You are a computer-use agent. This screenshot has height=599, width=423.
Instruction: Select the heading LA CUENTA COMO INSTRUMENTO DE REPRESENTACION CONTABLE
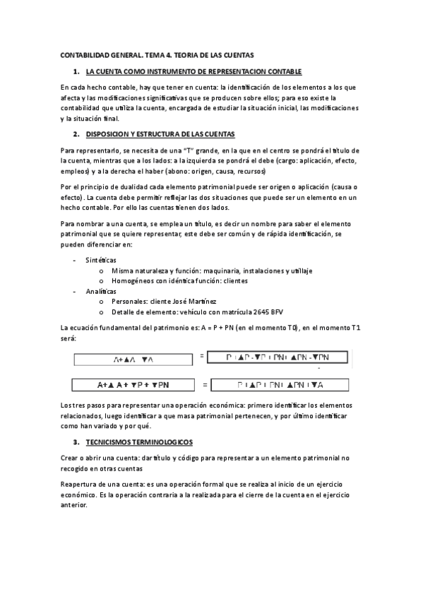pyautogui.click(x=193, y=71)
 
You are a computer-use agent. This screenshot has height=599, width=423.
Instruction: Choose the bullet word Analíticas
pyautogui.click(x=101, y=291)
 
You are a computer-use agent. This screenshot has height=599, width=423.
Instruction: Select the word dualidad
pyautogui.click(x=123, y=186)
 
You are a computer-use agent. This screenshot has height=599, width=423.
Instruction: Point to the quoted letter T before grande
pyautogui.click(x=188, y=151)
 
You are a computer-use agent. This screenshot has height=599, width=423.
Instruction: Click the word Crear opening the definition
pyautogui.click(x=70, y=458)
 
